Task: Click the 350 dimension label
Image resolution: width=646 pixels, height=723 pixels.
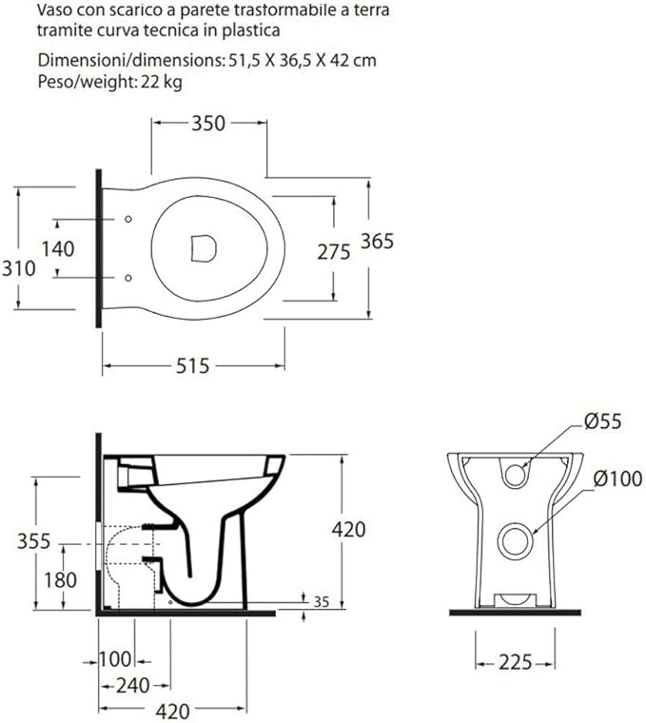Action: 208,123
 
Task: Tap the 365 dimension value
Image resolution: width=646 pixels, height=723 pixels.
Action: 377,241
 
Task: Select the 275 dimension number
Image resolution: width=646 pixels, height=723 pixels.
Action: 334,252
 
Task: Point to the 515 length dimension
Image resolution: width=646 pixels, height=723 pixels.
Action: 193,366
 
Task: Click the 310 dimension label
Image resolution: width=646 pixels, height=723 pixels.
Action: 19,268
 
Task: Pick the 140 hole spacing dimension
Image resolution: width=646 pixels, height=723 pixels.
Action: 58,249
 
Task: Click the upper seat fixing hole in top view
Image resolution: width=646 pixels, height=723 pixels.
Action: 128,219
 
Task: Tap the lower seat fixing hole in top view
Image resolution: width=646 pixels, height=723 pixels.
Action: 128,278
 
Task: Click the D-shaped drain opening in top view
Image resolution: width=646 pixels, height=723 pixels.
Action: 204,248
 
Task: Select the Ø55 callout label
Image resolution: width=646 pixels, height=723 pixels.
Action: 602,421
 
